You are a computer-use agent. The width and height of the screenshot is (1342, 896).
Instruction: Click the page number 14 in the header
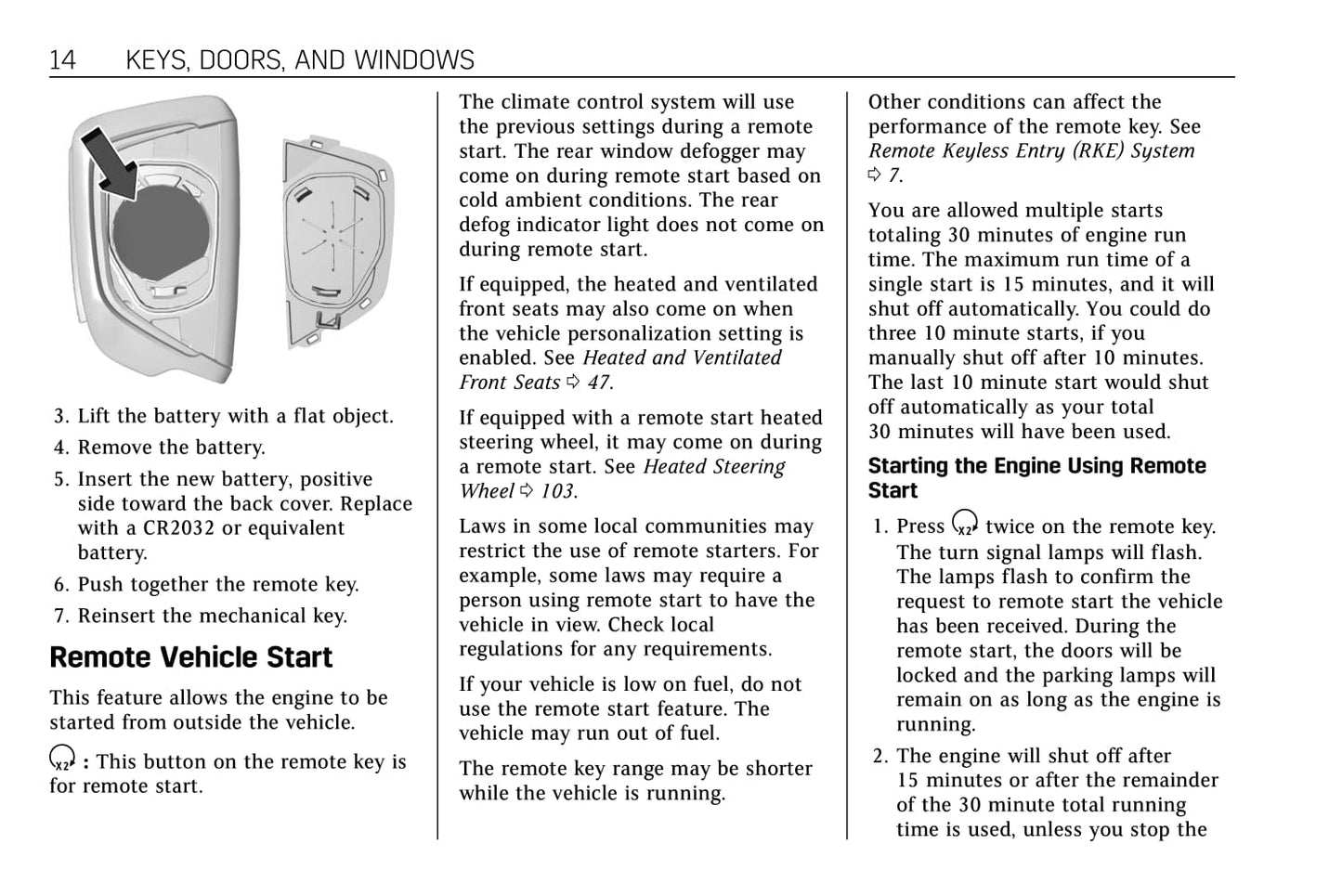62,60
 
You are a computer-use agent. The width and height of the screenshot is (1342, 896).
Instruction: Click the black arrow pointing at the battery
110,162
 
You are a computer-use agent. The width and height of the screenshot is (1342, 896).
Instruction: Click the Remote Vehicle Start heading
190,657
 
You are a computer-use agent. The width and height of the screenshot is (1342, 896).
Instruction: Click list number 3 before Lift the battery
60,417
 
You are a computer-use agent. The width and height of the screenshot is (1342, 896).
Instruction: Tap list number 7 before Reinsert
60,617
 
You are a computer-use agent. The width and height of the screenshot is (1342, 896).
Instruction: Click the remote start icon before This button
62,760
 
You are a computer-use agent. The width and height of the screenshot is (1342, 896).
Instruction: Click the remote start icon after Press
965,525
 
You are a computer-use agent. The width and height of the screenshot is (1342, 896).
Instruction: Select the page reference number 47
598,383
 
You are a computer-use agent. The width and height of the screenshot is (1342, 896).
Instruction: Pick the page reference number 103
558,491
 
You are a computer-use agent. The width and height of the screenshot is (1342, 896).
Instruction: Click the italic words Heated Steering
713,467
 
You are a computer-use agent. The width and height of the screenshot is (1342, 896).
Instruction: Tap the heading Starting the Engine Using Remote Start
1036,478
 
